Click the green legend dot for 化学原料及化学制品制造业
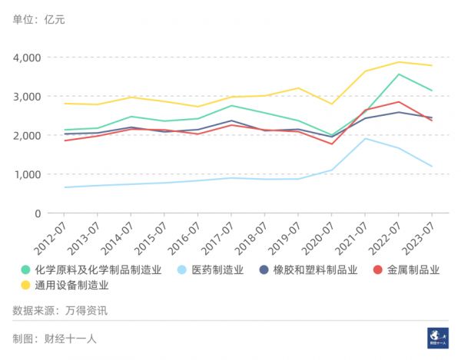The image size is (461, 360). (x=25, y=269)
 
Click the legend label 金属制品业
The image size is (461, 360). (x=413, y=269)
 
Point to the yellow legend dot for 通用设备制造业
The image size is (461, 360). (x=25, y=285)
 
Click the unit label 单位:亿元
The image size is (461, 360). (x=39, y=19)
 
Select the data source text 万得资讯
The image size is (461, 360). (x=86, y=311)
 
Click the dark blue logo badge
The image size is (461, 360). (x=438, y=338)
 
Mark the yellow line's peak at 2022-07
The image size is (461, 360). (x=398, y=62)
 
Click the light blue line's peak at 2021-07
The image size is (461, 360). (x=365, y=138)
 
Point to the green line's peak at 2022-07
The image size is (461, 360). (x=398, y=74)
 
